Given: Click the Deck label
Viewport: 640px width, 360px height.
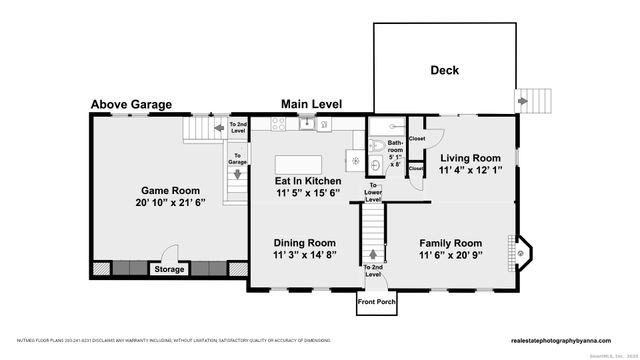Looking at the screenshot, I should pyautogui.click(x=445, y=70).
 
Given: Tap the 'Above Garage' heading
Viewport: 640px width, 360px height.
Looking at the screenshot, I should pyautogui.click(x=131, y=104).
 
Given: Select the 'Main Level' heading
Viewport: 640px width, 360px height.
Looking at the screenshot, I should pyautogui.click(x=311, y=104).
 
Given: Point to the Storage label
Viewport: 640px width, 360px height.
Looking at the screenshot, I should pyautogui.click(x=169, y=268).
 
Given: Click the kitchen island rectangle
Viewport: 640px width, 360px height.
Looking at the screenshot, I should pyautogui.click(x=298, y=163).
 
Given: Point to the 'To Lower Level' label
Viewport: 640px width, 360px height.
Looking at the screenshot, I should pyautogui.click(x=373, y=193).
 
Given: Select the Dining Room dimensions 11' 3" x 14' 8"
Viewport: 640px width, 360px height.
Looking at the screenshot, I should pyautogui.click(x=305, y=255).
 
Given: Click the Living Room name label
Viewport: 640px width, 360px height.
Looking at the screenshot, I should pyautogui.click(x=470, y=158).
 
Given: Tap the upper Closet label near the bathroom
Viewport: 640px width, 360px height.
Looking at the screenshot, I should pyautogui.click(x=416, y=138).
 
